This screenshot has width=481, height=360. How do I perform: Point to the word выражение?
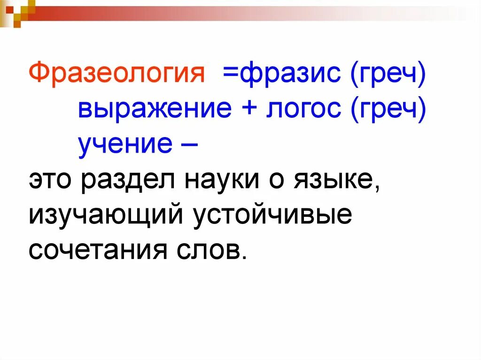155,109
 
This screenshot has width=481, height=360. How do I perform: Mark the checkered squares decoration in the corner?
16,10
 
